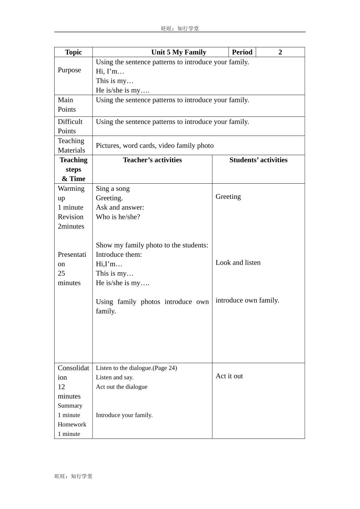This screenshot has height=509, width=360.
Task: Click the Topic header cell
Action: [x=73, y=52]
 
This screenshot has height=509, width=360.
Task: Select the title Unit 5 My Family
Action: [x=178, y=52]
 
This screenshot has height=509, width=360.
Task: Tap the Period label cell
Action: [x=242, y=52]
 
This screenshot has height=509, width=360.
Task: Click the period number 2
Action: [x=280, y=52]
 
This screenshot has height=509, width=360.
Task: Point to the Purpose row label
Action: [x=69, y=70]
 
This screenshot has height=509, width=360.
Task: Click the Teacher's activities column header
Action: [x=152, y=160]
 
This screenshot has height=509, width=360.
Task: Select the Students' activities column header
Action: [x=258, y=160]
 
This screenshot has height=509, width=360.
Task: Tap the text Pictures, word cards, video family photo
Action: [x=155, y=145]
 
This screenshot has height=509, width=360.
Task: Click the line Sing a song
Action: [x=113, y=189]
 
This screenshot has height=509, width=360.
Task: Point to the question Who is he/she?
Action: [x=118, y=217]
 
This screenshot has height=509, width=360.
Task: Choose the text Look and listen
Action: [x=238, y=262]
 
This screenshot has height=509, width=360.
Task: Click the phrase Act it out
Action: [x=229, y=376]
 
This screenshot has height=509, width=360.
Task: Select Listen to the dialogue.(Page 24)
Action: [x=136, y=368]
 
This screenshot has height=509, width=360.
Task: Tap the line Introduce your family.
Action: [x=124, y=415]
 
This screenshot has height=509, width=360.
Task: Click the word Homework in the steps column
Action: [x=72, y=425]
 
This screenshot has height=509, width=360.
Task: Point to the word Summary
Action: [x=70, y=406]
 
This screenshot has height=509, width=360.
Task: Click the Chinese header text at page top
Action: [x=180, y=28]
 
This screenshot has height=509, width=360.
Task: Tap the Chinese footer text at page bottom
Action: [x=74, y=476]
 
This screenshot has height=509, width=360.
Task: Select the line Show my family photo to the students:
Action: [x=152, y=245]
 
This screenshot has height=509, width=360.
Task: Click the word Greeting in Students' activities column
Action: [x=228, y=197]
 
